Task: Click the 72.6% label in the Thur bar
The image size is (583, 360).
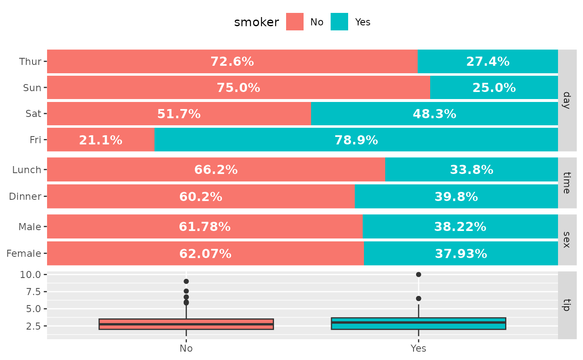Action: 232,62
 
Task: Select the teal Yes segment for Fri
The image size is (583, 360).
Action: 356,140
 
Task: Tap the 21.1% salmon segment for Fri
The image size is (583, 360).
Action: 100,140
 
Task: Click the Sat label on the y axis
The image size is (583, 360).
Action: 33,114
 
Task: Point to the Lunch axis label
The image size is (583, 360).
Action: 27,170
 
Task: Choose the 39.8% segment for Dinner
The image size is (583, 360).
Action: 456,196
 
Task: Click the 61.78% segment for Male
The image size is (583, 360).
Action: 204,227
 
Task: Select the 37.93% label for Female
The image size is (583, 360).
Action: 461,253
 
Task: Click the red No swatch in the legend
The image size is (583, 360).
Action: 295,22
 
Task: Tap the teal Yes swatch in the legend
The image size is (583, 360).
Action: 339,22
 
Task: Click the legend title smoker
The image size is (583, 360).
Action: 257,22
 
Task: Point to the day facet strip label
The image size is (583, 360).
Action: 566,100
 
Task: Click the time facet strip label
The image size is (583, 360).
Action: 566,183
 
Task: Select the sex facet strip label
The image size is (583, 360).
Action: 566,240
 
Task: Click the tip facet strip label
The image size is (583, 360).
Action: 566,305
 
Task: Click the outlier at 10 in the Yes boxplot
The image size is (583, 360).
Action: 419,275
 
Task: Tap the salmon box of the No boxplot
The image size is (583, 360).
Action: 186,324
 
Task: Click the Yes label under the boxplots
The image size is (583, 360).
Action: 419,349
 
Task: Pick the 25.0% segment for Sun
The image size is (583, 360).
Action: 494,87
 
